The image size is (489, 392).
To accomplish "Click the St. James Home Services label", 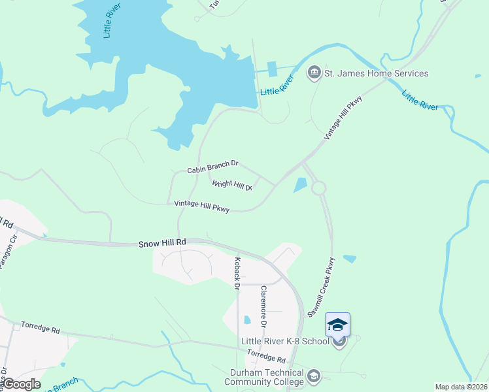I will pos(377,73).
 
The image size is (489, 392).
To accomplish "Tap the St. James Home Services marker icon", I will pos(314,73).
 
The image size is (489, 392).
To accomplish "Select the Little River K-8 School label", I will pos(285,341).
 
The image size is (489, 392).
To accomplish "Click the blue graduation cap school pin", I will pos(337,325).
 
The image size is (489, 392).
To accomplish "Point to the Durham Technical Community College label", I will pos(266,377).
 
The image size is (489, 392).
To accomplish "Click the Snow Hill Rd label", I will pos(162,242).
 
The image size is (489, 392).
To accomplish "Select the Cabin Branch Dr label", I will pos(213,168).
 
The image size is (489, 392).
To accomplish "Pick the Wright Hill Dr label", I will pos(232,186).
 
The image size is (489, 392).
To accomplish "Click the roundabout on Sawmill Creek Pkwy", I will pos(318,188).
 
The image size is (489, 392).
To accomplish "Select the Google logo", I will pos(21,384).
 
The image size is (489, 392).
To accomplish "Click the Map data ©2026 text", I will pos(461,387).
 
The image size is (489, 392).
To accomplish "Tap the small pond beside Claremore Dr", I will pos(246,320).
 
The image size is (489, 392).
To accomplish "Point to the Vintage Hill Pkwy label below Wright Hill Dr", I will pos(202,206).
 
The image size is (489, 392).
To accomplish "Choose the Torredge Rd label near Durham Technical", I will pos(267,357).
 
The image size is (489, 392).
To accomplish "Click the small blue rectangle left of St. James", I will pos(272,67).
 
